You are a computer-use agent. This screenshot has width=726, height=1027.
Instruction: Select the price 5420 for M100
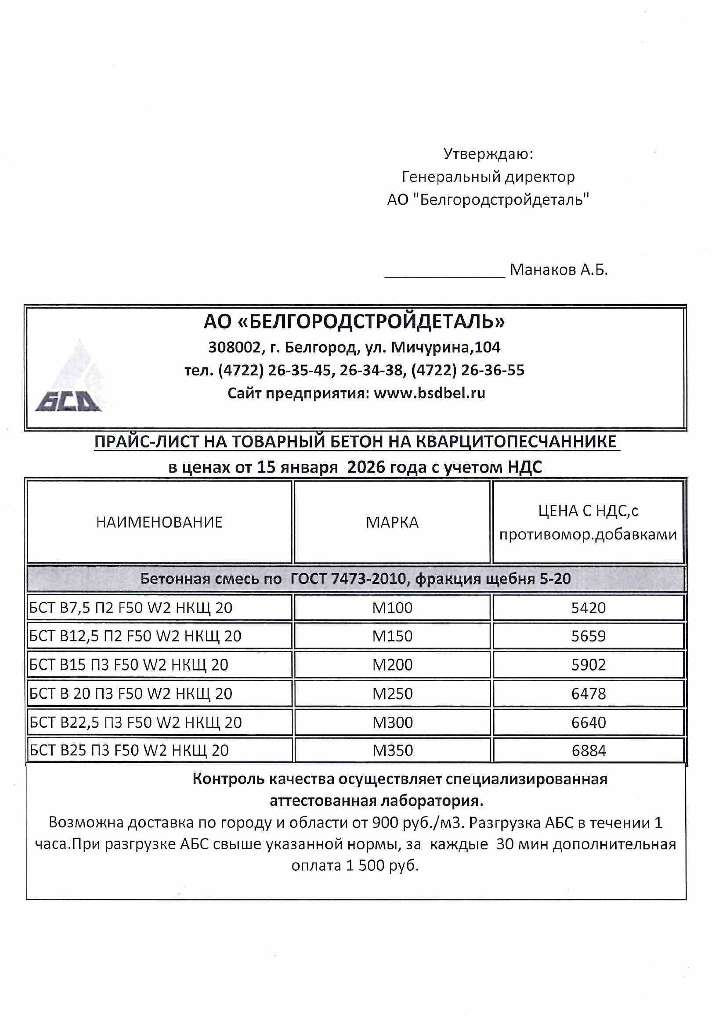click(x=588, y=608)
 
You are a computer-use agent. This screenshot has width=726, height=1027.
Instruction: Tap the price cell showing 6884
click(x=589, y=751)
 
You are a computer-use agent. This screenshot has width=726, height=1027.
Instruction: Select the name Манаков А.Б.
click(x=559, y=270)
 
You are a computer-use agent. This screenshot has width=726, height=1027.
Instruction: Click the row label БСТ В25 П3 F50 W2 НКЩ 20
click(x=129, y=751)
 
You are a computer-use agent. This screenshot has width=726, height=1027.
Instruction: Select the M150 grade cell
click(x=392, y=636)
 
